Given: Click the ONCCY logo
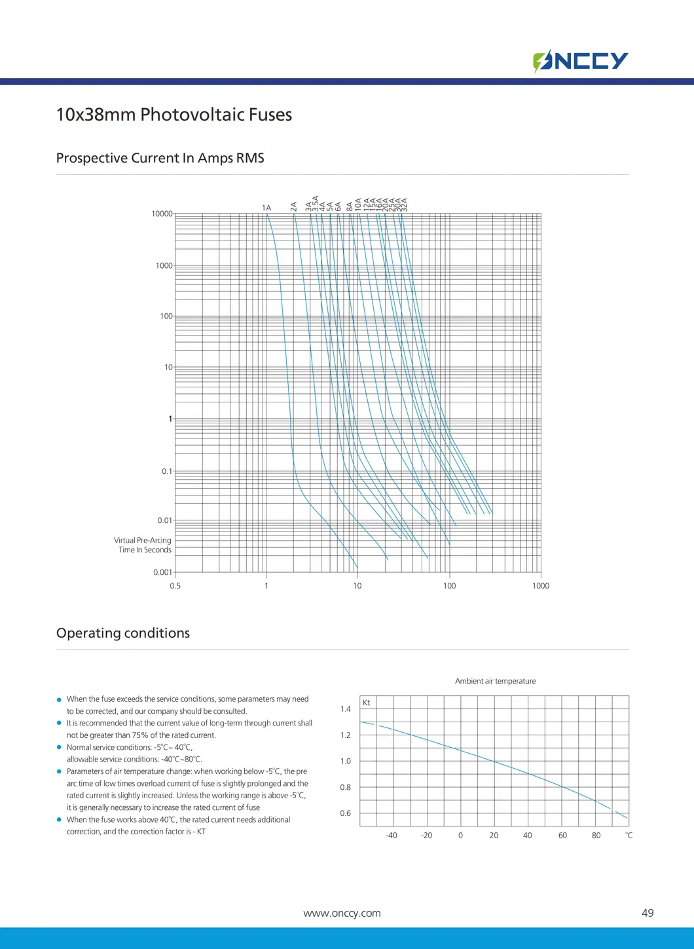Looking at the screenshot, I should click(x=581, y=61).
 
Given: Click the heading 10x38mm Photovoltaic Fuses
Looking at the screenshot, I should click(x=173, y=115).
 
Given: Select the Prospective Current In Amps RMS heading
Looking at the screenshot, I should click(x=160, y=158).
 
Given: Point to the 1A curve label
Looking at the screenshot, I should click(x=266, y=208).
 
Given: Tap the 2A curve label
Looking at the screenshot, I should click(x=294, y=206).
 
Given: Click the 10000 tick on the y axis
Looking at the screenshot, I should click(x=162, y=214).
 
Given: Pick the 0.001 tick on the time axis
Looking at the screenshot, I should click(x=162, y=572).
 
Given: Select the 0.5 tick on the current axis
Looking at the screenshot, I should click(x=175, y=586).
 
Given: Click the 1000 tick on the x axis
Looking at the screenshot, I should click(x=541, y=586).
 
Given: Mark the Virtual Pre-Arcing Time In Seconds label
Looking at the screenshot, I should click(x=143, y=545).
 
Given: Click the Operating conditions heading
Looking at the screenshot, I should click(x=123, y=633).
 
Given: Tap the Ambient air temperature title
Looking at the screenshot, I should click(x=495, y=682).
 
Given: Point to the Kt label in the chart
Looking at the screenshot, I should click(x=367, y=703).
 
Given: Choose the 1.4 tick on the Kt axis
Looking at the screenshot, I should click(x=346, y=709).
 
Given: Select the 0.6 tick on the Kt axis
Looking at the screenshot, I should click(x=346, y=813).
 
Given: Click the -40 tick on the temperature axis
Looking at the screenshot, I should click(x=392, y=836).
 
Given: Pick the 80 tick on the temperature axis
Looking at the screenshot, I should click(x=596, y=836).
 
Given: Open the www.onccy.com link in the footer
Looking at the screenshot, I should click(x=342, y=914).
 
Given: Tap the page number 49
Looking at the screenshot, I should click(x=648, y=913).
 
